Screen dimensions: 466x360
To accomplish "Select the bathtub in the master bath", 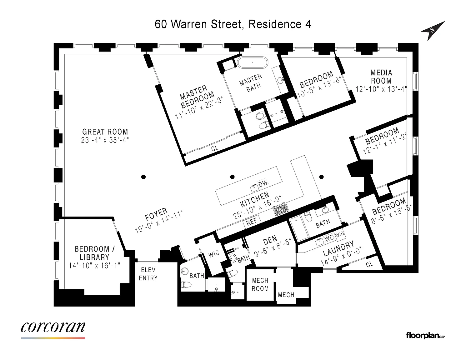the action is [253, 62].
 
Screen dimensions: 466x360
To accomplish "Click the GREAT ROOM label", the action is [105, 132].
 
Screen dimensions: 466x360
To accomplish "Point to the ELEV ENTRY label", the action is [148, 274].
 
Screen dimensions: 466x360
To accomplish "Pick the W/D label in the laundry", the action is [340, 234].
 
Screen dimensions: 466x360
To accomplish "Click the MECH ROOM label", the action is [260, 284].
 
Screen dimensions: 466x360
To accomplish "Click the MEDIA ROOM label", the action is [381, 77].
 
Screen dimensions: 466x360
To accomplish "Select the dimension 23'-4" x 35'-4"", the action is [105, 140].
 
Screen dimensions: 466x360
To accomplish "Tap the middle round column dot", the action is [232, 177].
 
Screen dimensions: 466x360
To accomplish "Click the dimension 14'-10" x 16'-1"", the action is [94, 266].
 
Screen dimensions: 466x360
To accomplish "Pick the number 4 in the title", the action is [308, 24].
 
